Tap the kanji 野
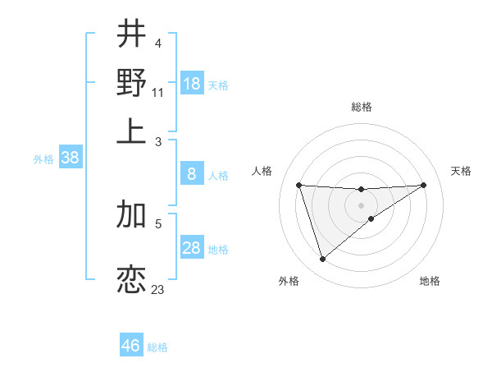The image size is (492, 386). click(131, 82)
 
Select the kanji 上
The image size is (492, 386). click(131, 131)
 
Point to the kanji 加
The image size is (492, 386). click(131, 215)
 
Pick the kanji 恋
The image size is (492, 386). click(131, 280)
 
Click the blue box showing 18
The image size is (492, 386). click(192, 84)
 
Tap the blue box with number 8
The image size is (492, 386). click(192, 174)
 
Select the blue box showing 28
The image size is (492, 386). click(192, 248)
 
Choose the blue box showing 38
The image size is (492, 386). click(70, 159)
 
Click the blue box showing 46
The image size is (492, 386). click(131, 346)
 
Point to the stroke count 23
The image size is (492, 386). click(157, 289)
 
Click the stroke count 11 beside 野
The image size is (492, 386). click(157, 92)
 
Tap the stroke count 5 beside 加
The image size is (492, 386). click(157, 223)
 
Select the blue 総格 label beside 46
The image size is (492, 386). click(157, 347)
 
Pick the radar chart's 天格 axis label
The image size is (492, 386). click(461, 171)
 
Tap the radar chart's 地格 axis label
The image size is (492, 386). click(430, 281)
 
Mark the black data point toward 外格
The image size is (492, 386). click(322, 260)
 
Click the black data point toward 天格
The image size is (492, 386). click(423, 185)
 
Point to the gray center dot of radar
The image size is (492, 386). click(361, 204)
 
